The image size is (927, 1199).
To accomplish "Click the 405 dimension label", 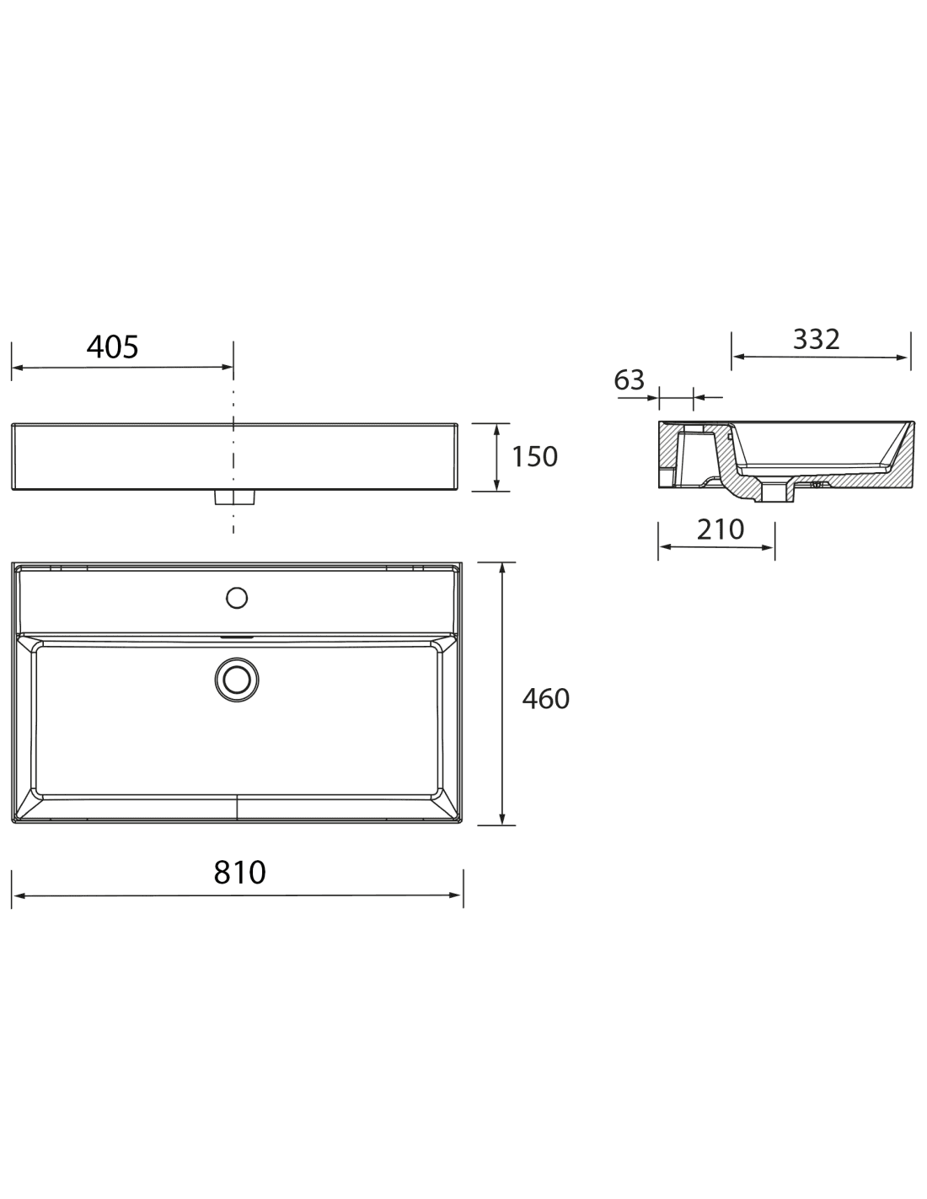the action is (x=112, y=347).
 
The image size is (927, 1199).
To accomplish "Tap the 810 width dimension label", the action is (x=240, y=873).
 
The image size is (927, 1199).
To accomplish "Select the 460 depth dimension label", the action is (x=545, y=698).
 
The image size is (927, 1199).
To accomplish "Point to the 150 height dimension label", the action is (x=535, y=456).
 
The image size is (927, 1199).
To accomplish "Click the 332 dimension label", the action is (x=816, y=339).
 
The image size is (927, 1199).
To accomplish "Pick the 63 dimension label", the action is (x=630, y=379).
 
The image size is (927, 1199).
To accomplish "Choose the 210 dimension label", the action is (x=721, y=530).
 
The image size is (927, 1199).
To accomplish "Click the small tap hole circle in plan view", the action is (x=237, y=598).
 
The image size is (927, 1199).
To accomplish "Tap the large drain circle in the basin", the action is (x=237, y=680).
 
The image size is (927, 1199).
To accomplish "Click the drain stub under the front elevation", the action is (x=235, y=497).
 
